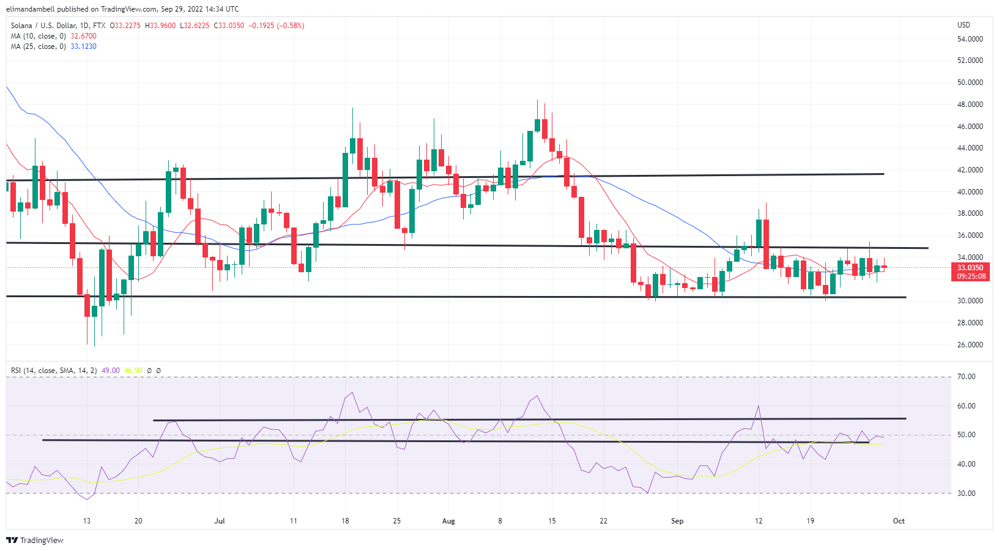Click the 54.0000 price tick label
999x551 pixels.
point(970,39)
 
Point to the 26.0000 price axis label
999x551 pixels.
point(970,345)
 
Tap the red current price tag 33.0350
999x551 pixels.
point(970,268)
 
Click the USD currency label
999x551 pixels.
point(964,25)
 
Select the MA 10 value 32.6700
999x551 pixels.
point(83,36)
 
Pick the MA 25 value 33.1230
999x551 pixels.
point(83,46)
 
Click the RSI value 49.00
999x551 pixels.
point(110,371)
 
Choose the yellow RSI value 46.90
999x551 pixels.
point(133,371)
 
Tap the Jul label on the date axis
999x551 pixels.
point(220,521)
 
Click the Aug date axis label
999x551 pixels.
point(448,521)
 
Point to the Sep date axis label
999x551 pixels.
point(677,521)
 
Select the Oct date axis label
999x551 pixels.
point(899,521)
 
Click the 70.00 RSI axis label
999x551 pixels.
point(967,377)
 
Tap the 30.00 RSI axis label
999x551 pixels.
point(967,494)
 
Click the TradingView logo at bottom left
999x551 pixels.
point(35,541)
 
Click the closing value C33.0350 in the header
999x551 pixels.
point(229,26)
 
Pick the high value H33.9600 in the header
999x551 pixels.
point(160,26)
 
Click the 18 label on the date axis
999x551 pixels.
point(346,521)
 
